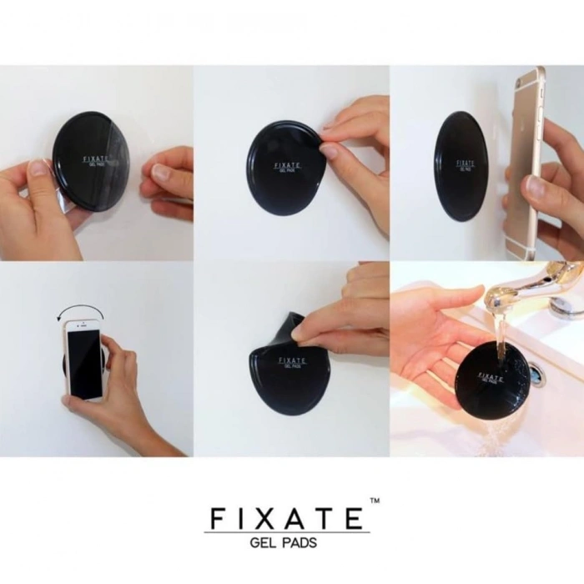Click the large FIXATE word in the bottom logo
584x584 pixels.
[286, 517]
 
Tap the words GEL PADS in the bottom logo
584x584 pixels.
[284, 542]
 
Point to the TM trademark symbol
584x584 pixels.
[375, 501]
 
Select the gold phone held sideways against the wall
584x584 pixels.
[526, 164]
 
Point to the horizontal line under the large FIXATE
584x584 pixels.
[287, 532]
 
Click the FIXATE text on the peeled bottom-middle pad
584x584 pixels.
[293, 360]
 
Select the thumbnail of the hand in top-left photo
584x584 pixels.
[38, 168]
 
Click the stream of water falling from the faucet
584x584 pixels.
[499, 331]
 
